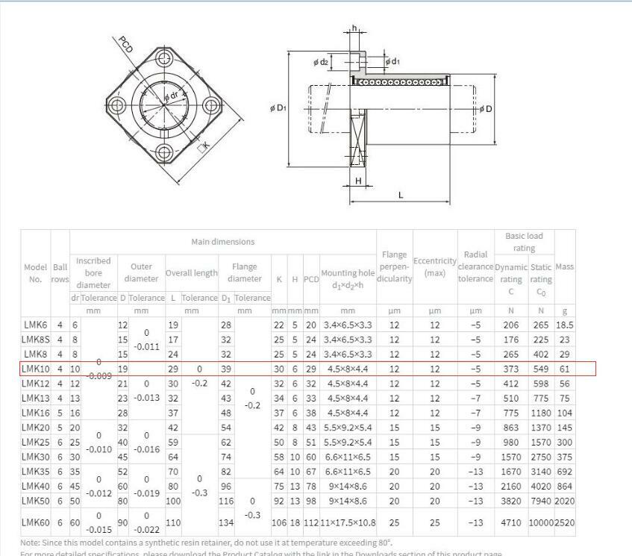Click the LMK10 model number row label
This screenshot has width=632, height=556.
coord(34,369)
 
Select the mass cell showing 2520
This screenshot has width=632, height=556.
coord(565,523)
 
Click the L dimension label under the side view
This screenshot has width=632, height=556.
coord(401,196)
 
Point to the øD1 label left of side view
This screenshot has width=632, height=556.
coord(277,108)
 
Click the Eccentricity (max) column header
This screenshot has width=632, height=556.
coord(434,266)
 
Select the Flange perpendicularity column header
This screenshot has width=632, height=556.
coord(395,266)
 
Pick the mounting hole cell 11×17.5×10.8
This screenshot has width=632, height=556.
coord(348,523)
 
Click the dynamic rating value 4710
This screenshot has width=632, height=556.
coord(511,523)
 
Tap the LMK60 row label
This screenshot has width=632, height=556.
coord(34,523)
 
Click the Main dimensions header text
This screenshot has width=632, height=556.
coord(222,241)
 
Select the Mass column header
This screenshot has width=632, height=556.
coord(565,266)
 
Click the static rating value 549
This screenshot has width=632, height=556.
coord(540,369)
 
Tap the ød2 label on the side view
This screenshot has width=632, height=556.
coord(320,62)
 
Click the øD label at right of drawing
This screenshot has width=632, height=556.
coord(486,109)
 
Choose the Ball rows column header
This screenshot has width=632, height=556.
coord(60,272)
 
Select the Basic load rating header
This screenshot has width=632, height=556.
coord(525,241)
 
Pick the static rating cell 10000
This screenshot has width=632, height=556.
coord(540,523)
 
